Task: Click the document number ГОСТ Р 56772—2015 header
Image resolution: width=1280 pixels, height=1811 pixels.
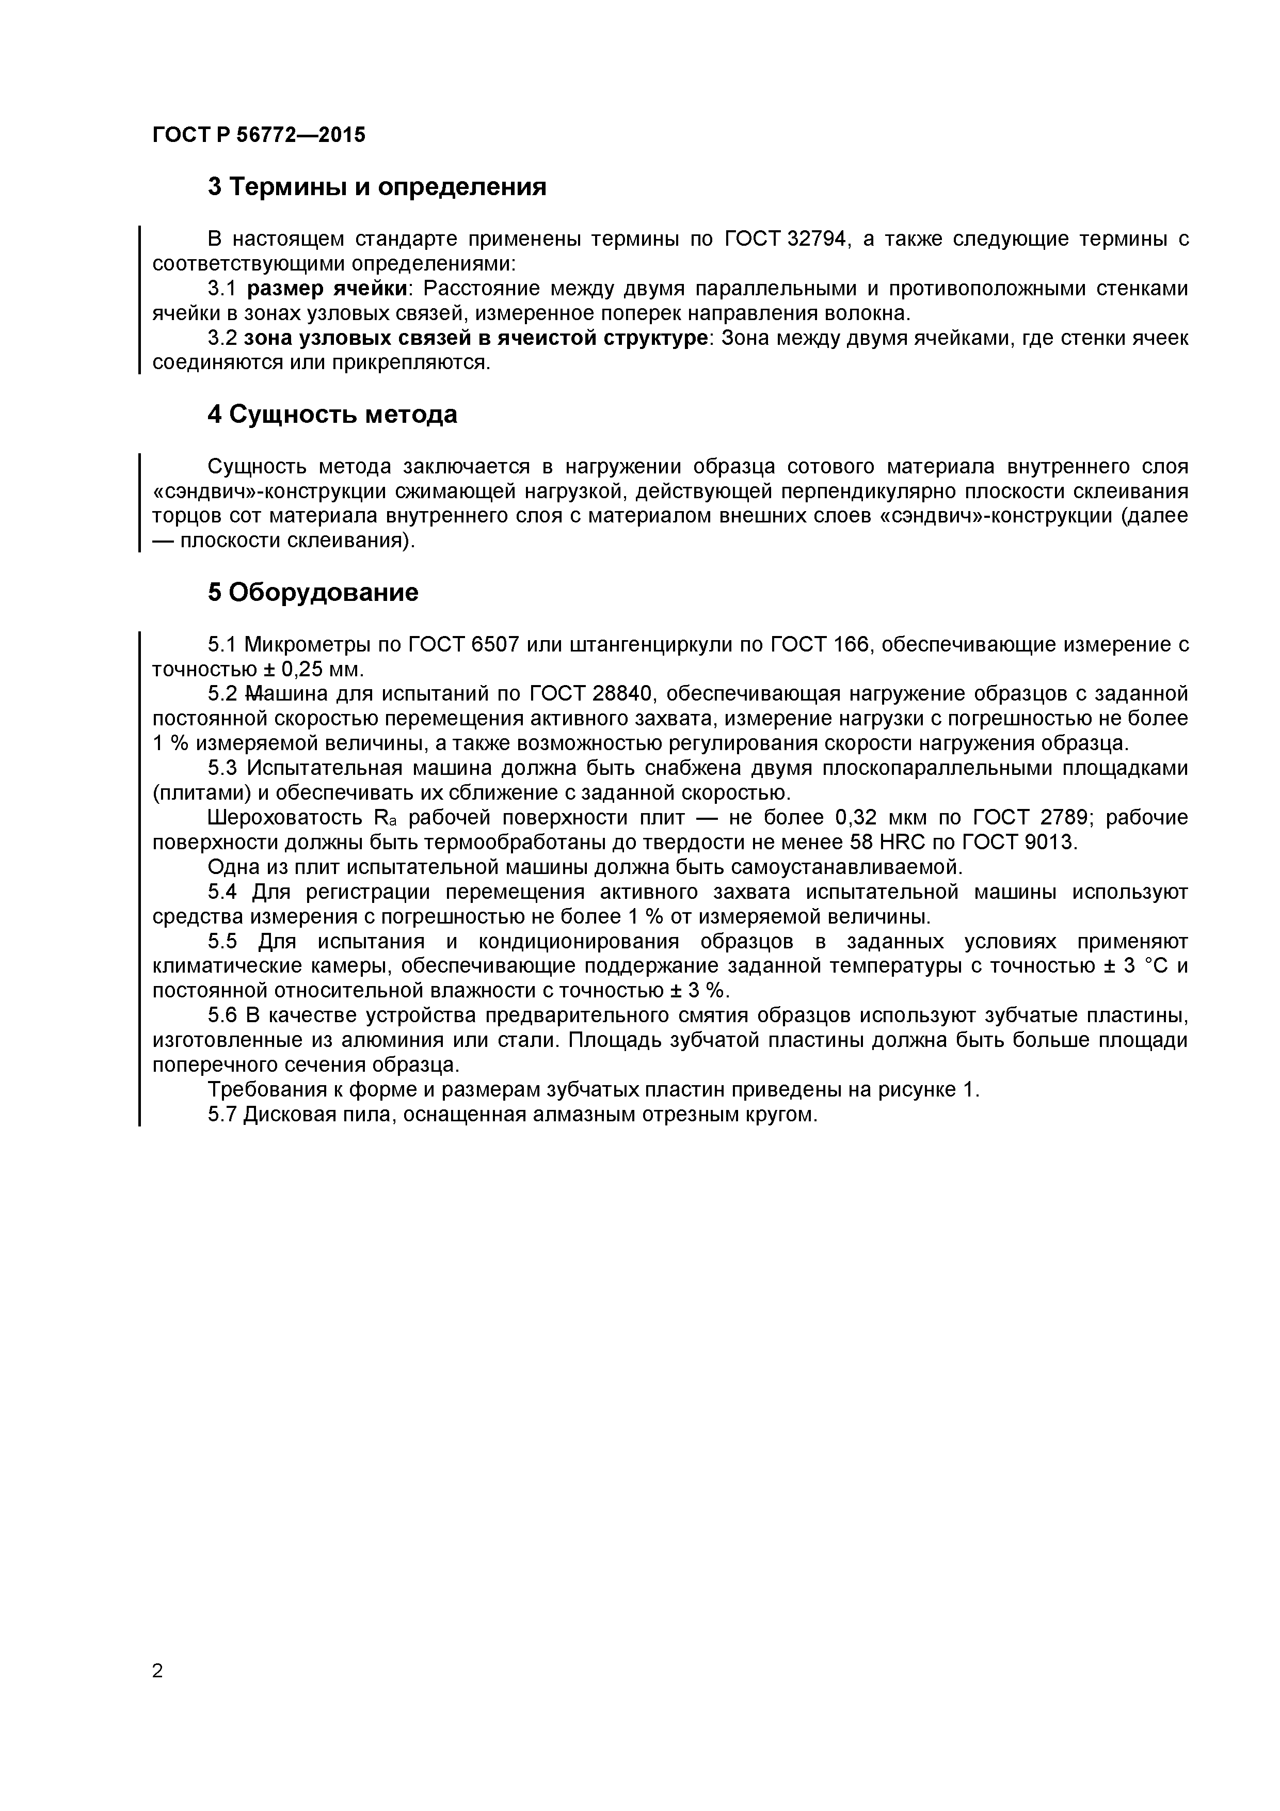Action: [x=259, y=135]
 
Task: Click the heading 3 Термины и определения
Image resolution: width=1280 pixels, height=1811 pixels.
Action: [x=377, y=187]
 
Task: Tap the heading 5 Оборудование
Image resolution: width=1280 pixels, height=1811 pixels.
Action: [x=313, y=592]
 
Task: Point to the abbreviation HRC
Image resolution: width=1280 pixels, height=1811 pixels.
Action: [x=903, y=843]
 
